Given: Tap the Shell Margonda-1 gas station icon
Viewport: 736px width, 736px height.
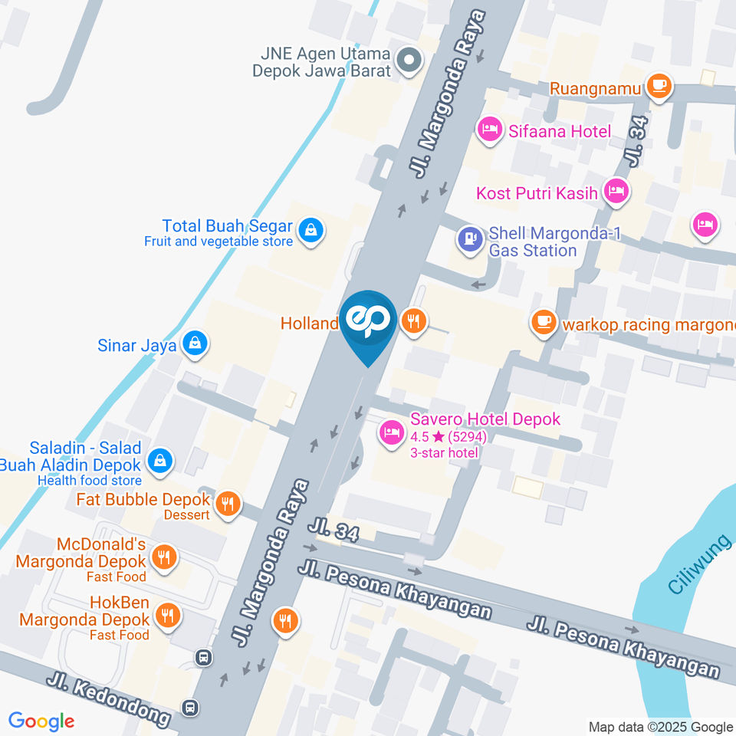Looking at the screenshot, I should [468, 239].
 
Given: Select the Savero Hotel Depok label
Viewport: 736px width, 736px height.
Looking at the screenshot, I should [485, 419].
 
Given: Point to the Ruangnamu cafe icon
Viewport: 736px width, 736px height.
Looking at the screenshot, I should [659, 86].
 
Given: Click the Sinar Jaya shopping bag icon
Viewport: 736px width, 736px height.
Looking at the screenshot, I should [195, 344].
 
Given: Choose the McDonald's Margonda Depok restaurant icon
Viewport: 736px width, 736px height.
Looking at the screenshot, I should [163, 557].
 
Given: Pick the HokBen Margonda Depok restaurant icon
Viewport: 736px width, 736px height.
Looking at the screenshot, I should [167, 615].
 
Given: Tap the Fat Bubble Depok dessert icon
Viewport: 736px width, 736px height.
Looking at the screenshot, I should [227, 504].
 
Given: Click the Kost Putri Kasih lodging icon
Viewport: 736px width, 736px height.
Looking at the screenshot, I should [616, 192].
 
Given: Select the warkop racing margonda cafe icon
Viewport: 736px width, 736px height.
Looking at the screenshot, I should [544, 323].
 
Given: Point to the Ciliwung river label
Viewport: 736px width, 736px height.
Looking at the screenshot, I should [695, 570].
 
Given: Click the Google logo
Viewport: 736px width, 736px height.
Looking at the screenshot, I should [41, 721].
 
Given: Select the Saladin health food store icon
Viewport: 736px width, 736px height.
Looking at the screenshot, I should [159, 461].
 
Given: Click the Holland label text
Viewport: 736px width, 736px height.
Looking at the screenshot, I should [309, 324].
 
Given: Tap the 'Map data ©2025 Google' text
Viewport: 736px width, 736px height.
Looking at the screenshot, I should [660, 727].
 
